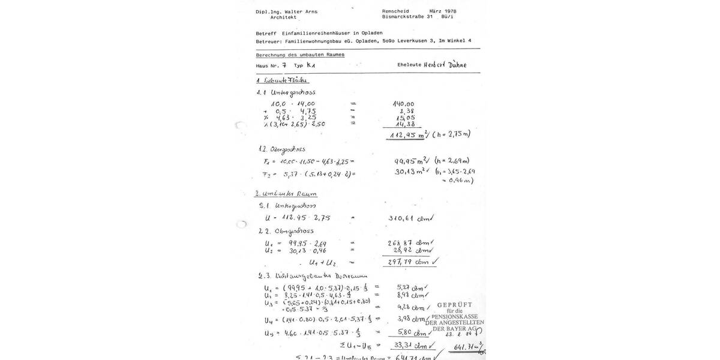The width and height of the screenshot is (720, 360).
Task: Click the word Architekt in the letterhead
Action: point(283,17)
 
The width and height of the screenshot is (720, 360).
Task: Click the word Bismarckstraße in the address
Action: point(404,17)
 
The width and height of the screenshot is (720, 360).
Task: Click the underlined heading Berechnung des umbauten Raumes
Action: point(301,55)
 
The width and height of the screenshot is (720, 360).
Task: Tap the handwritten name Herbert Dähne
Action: point(445,65)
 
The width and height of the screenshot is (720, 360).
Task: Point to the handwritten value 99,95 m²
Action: point(410,161)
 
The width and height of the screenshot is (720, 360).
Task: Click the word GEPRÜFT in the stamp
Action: point(455,305)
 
